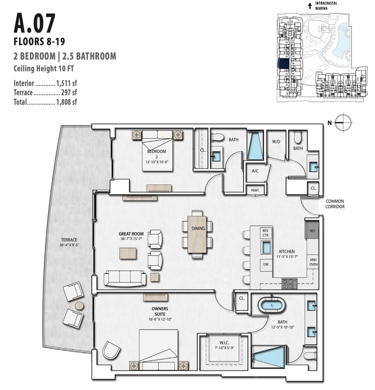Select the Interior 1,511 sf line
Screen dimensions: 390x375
[45, 84]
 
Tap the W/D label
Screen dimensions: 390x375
[276, 142]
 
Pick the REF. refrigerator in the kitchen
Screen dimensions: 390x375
[312, 231]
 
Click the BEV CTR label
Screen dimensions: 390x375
[265, 233]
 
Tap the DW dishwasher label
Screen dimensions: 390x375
[265, 264]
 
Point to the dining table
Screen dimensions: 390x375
[198, 234]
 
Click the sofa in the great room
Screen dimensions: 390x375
[124, 278]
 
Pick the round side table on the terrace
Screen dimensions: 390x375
[80, 306]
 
